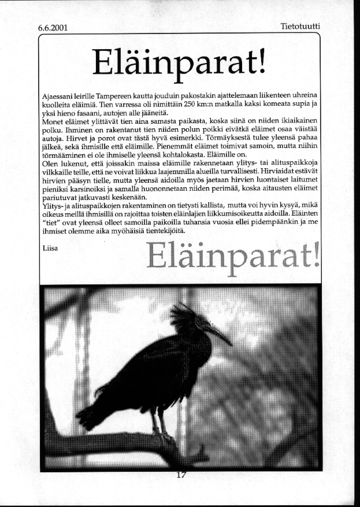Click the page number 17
click(x=181, y=475)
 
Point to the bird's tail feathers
click(x=92, y=413)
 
